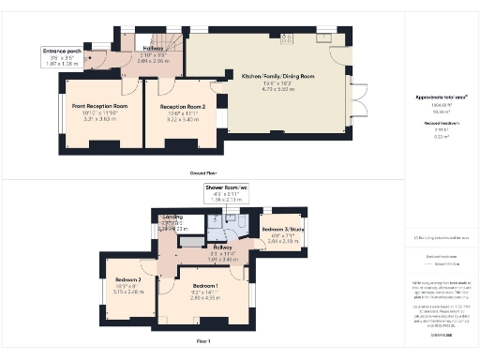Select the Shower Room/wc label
click(229, 187)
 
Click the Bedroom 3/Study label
click(282, 229)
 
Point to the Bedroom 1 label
click(205, 285)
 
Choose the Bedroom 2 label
click(127, 279)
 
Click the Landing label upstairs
click(172, 217)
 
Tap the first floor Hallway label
click(223, 246)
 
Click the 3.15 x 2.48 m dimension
click(127, 292)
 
